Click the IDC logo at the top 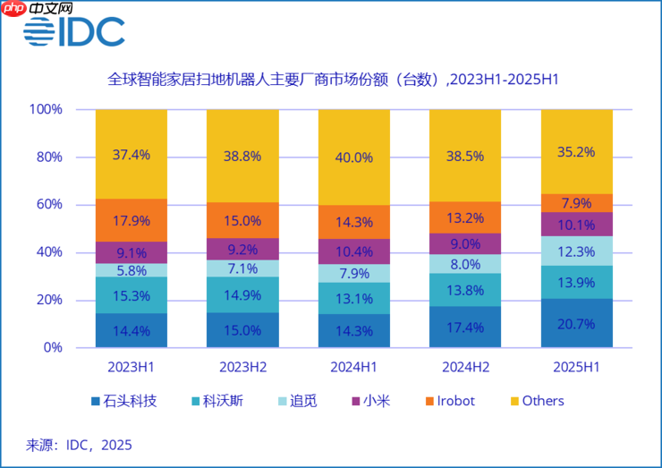coord(74,31)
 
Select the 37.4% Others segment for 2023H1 coord(131,154)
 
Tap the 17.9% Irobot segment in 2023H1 coord(131,220)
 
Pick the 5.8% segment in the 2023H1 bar coord(131,269)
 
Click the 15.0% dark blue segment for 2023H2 coord(242,329)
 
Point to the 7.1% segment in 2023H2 coord(242,268)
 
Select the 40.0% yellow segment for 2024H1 coord(354,157)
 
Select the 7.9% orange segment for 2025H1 coord(577,202)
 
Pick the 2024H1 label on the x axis coord(354,366)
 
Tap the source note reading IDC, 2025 coord(79,444)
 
